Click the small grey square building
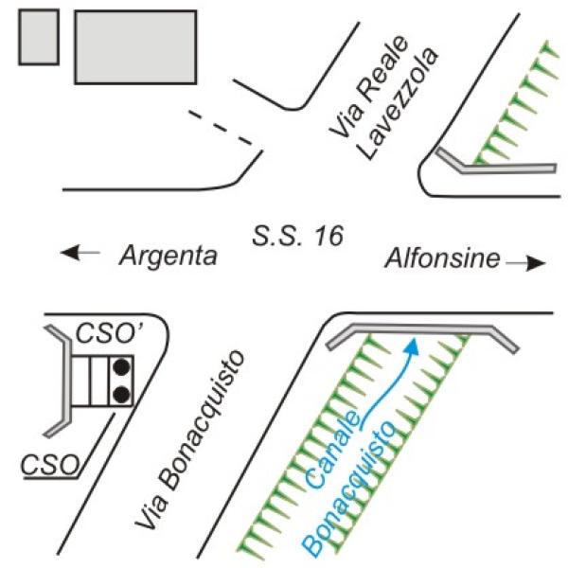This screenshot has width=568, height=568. (x=39, y=37)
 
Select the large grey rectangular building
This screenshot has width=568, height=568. (x=135, y=46)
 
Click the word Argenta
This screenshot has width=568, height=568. (x=168, y=256)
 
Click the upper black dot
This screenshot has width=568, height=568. (x=120, y=367)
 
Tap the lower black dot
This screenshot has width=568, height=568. (x=120, y=394)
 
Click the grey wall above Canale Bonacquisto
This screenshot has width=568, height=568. (x=421, y=331)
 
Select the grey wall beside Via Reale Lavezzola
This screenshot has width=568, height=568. (x=492, y=169)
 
